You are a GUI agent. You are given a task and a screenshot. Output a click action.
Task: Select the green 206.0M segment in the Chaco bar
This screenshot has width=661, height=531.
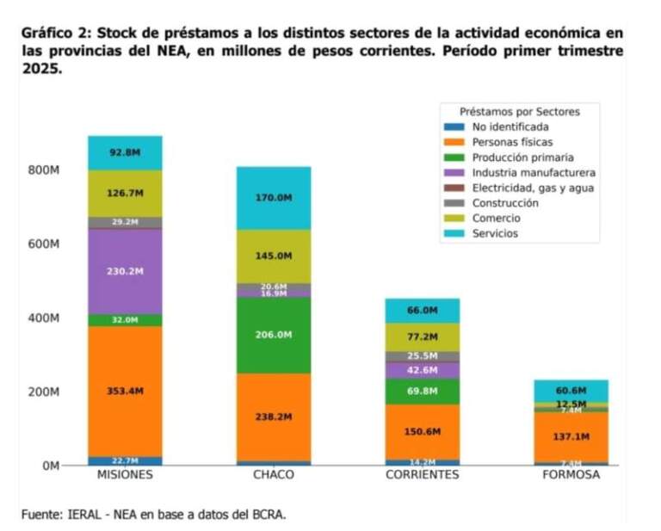coord(274,334)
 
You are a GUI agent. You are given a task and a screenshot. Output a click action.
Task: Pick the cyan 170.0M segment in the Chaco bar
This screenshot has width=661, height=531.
coord(274,198)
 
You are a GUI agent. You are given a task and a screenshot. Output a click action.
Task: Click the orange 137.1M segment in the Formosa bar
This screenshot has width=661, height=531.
coord(571,437)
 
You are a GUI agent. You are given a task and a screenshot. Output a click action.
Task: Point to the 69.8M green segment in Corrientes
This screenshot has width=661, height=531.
coord(422,391)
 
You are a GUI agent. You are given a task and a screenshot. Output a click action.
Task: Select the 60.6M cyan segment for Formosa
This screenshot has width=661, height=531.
coord(571,390)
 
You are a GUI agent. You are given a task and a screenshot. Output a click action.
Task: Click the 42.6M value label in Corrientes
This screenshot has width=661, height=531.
coord(422,370)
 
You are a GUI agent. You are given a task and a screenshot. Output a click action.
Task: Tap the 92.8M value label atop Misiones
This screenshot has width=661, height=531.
coord(125,152)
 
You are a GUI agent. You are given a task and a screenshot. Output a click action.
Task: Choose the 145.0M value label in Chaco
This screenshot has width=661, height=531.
coord(274,256)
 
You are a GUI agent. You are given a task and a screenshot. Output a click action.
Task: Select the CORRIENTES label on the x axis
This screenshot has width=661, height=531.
coord(422,474)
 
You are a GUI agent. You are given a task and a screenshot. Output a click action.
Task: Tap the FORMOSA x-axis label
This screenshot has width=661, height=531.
coord(571,474)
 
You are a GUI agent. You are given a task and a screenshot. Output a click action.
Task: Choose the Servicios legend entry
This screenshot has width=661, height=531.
coord(495,233)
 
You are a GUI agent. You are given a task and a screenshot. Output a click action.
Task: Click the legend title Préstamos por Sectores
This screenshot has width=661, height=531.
coord(519,112)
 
